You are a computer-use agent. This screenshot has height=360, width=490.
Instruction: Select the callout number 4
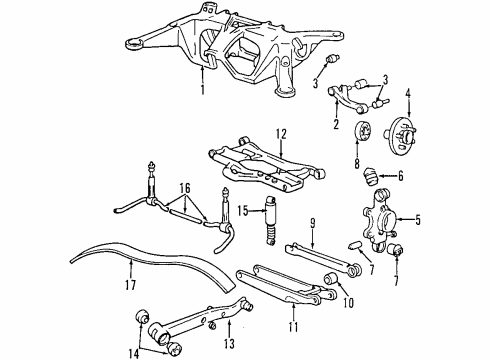point(408,96)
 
